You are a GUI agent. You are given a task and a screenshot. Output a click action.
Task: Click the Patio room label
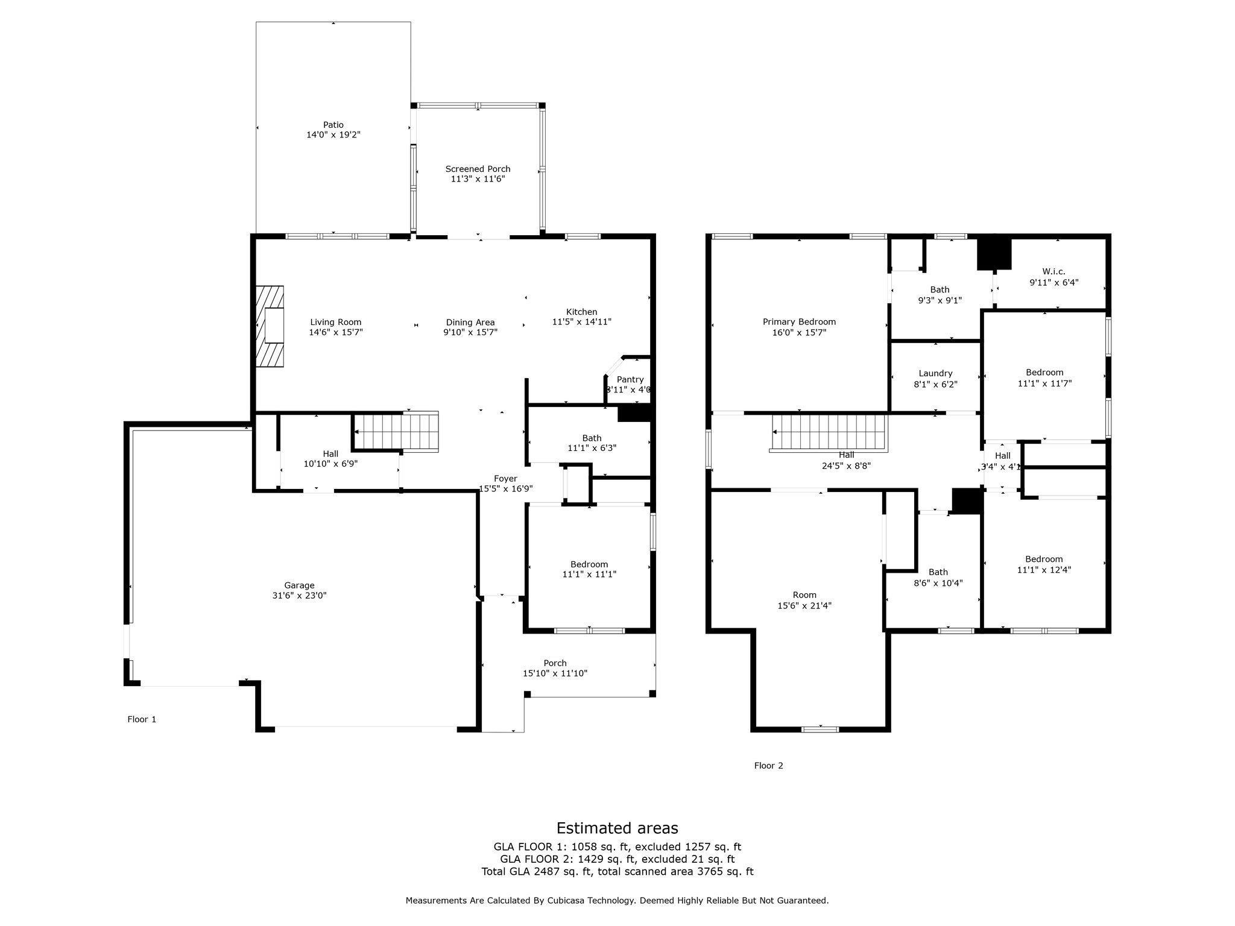click(333, 125)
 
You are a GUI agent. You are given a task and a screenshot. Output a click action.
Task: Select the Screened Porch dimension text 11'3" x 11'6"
click(478, 179)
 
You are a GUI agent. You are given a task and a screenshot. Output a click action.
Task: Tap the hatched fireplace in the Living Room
click(270, 326)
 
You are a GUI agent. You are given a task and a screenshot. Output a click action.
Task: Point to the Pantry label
click(630, 379)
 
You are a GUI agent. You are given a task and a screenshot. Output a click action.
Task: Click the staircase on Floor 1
click(396, 432)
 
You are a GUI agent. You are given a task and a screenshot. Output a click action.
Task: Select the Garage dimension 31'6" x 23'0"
click(299, 596)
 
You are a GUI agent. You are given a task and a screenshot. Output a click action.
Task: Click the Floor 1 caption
click(142, 719)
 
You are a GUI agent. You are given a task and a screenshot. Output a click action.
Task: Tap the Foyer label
click(505, 479)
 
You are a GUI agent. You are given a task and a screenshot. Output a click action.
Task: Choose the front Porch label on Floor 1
click(555, 663)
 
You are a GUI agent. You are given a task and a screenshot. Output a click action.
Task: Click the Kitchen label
click(581, 312)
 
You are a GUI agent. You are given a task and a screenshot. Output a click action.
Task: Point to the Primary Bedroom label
click(799, 322)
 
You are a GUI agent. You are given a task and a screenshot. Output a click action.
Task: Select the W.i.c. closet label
click(1053, 272)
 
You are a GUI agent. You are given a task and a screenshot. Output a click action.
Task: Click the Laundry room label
click(935, 373)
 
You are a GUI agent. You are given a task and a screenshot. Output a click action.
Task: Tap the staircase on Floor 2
click(829, 433)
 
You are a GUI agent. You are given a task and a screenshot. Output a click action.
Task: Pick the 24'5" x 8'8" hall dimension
click(846, 466)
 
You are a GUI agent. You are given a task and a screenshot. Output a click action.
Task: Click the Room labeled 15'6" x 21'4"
click(804, 595)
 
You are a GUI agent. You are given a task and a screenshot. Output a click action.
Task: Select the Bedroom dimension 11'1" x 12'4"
click(1044, 570)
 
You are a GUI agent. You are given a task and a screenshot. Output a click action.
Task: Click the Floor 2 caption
click(768, 766)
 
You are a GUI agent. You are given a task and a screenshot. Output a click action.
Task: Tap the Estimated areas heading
click(617, 828)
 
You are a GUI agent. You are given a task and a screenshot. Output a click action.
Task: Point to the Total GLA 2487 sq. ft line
click(617, 871)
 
